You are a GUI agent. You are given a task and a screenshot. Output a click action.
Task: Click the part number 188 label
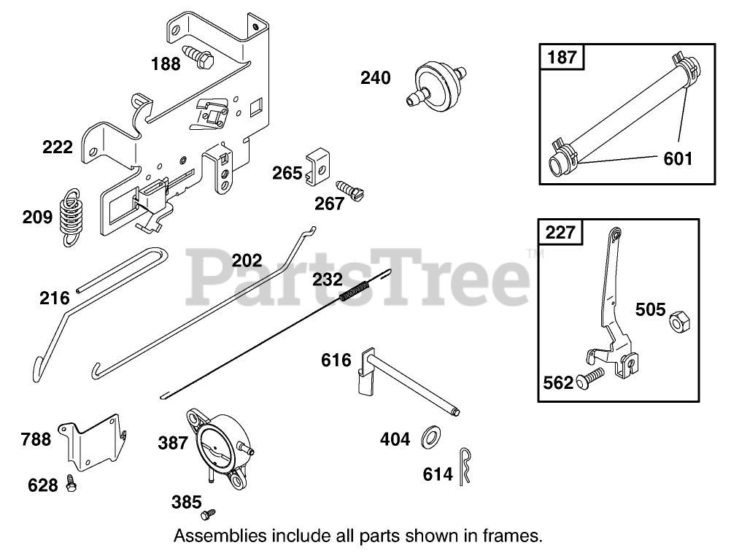coord(166,63)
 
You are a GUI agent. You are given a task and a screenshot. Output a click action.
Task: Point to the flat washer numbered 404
coord(427,439)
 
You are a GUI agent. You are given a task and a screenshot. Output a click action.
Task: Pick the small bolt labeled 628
coord(70,482)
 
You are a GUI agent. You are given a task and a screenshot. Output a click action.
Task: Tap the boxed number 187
coord(562,57)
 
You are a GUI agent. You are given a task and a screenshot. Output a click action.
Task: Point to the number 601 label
coord(678,158)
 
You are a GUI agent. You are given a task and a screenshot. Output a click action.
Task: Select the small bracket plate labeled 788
coord(97,443)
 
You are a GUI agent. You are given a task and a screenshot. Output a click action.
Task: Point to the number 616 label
coord(336,360)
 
